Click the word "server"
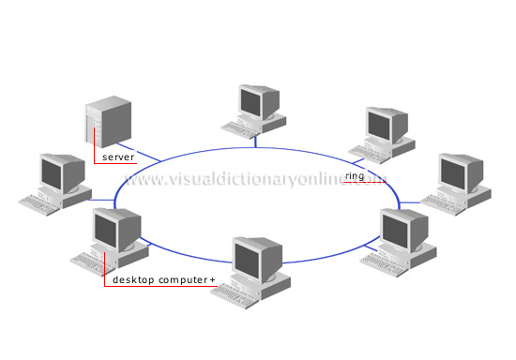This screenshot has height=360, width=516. tap(118, 157)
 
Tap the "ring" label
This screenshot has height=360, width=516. tap(354, 175)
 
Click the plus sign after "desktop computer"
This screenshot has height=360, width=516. tap(212, 279)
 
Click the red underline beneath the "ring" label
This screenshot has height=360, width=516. tap(361, 183)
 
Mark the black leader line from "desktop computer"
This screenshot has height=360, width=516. tap(105, 272)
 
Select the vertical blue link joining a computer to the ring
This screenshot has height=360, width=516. tap(254, 138)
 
